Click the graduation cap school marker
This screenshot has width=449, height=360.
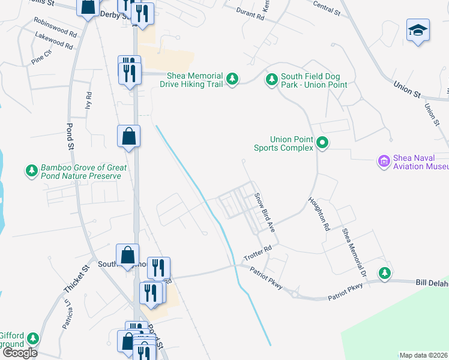click(418, 30)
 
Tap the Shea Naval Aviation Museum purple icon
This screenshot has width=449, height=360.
click(384, 161)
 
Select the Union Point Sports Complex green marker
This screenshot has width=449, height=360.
click(322, 143)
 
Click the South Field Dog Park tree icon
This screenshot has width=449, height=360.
click(272, 79)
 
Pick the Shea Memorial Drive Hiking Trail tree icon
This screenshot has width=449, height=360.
click(232, 79)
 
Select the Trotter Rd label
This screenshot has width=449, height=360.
click(258, 253)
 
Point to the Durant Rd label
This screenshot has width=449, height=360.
click(250, 14)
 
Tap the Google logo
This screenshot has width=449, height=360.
click(19, 353)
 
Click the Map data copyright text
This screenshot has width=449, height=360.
click(423, 355)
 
